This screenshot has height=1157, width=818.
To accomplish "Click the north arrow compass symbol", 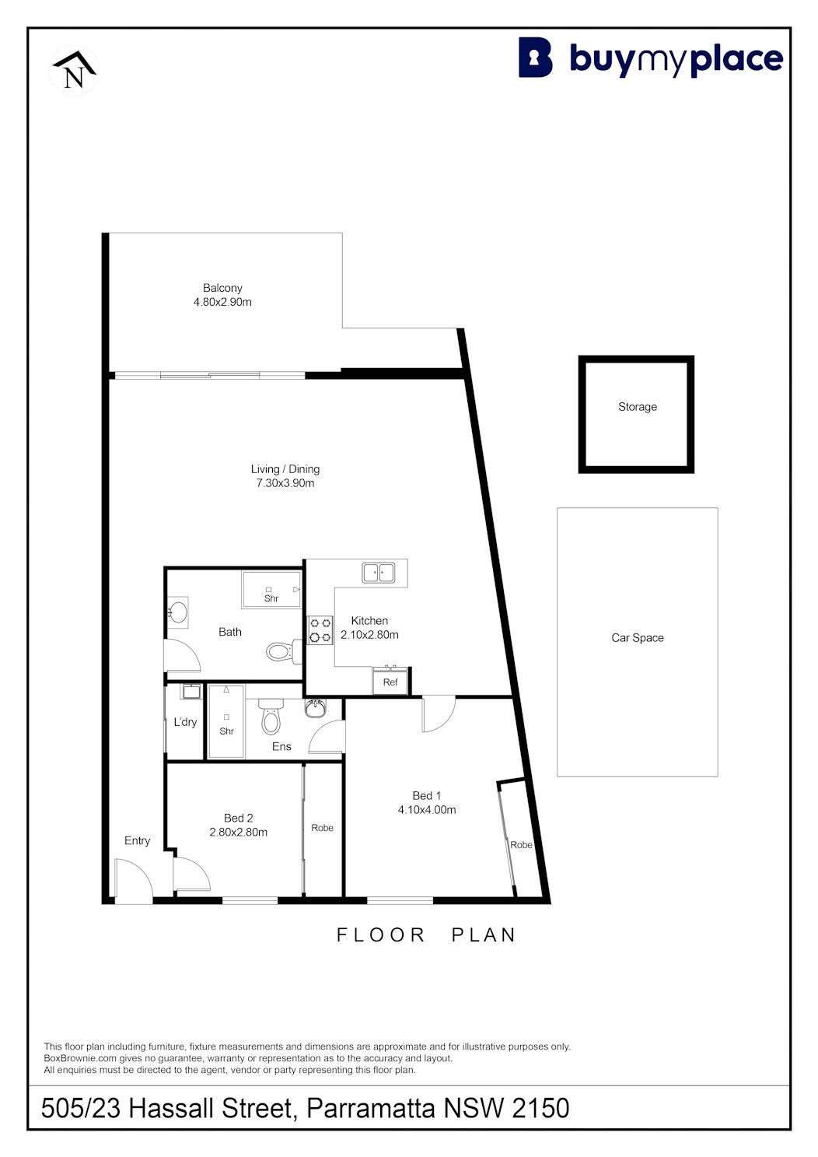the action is (75, 70).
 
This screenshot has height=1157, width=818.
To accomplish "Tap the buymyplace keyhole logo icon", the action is (535, 58).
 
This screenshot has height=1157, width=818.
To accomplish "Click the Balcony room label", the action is (222, 288).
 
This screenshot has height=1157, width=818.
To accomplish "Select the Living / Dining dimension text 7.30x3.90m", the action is (285, 483).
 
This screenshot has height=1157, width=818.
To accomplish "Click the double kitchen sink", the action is (379, 573).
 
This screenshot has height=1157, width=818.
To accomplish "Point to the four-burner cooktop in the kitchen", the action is (320, 630).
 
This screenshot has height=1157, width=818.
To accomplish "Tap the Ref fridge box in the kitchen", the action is (390, 682).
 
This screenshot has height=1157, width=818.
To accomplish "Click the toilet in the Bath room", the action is (284, 651).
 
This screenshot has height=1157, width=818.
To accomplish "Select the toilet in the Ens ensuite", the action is (271, 717).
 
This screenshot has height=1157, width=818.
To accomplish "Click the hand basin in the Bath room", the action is (177, 612).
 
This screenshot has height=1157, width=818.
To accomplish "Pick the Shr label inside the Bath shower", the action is (271, 598).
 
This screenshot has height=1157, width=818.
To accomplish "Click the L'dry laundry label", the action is (185, 722).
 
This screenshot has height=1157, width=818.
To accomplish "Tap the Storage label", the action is (638, 406).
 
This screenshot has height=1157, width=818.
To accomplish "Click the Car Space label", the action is (638, 637).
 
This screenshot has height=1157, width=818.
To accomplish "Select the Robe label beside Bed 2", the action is (322, 827).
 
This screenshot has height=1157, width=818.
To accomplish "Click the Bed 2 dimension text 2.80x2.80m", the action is (239, 832).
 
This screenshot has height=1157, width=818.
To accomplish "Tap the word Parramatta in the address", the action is (371, 1108).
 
